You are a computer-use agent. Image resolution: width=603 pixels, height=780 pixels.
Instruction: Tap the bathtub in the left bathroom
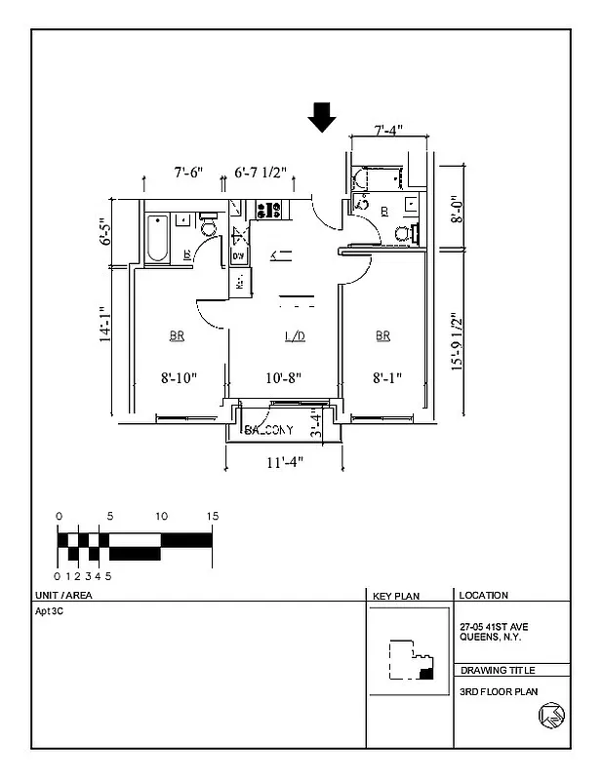click(156, 239)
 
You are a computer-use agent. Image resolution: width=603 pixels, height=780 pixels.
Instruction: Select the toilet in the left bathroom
click(207, 227)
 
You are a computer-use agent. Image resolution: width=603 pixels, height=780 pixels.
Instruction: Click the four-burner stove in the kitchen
click(268, 209)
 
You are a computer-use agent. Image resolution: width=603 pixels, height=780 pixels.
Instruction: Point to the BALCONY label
click(270, 430)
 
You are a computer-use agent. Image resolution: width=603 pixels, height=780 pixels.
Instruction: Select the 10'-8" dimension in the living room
click(284, 377)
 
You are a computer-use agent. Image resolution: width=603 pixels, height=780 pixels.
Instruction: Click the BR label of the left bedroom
click(177, 336)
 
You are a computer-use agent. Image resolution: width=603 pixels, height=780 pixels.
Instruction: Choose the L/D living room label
click(295, 336)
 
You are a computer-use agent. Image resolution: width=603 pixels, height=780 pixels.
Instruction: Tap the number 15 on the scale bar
click(212, 516)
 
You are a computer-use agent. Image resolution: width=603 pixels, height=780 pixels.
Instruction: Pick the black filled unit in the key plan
click(425, 673)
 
